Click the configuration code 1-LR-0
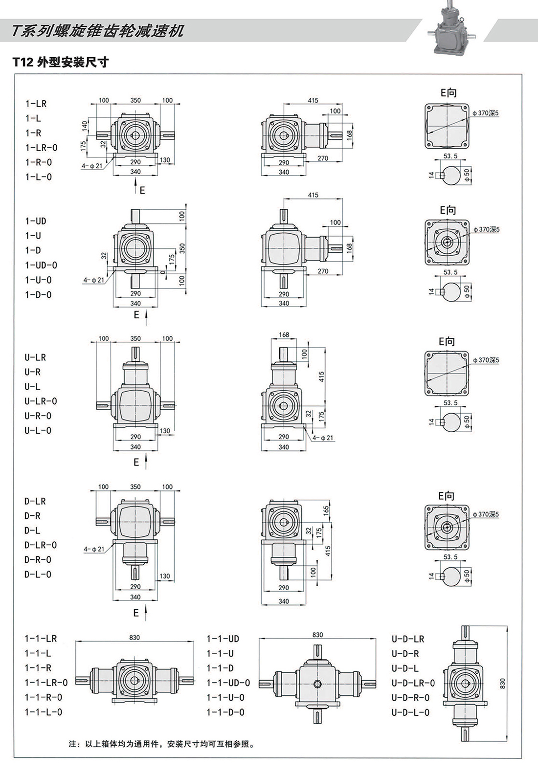42,148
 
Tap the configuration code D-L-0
38,575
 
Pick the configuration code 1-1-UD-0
228,683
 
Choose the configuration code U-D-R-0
410,698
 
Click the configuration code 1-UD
36,221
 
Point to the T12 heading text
60,63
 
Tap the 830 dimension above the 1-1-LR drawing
134,637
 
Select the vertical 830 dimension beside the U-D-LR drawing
502,683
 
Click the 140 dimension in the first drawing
84,127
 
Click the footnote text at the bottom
162,744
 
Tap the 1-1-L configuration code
38,653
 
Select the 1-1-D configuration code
220,668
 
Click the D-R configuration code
32,516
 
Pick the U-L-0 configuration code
38,431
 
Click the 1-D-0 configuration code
38,295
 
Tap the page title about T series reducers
98,31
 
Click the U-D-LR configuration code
408,639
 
